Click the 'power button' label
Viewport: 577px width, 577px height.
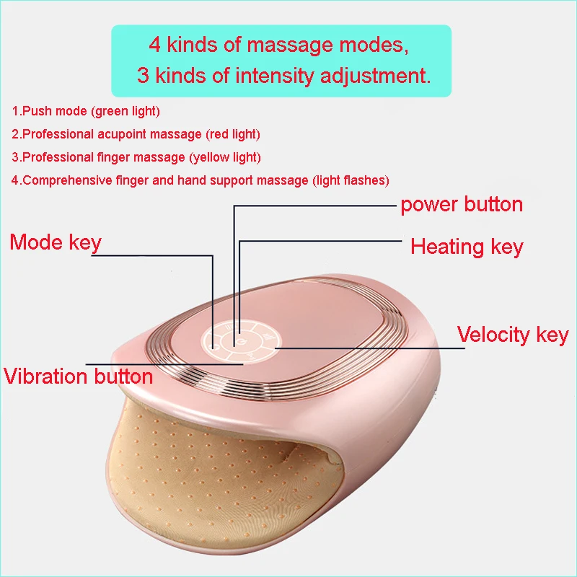click(462, 204)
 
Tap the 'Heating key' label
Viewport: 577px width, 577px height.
click(467, 247)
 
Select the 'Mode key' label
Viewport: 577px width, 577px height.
click(56, 242)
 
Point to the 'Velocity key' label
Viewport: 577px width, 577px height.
click(513, 335)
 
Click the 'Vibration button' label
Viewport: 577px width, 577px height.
click(78, 376)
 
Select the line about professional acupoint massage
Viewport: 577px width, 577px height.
click(136, 134)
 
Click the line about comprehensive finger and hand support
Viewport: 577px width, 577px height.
click(200, 180)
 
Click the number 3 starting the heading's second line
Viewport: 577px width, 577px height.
click(142, 76)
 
